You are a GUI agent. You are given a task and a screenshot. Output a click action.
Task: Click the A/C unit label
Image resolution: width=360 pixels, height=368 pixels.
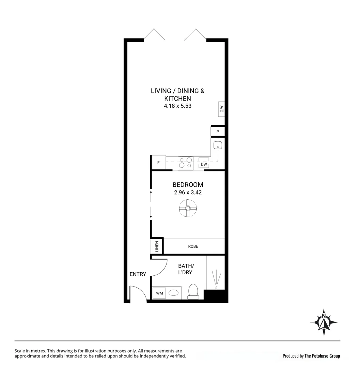[221, 109]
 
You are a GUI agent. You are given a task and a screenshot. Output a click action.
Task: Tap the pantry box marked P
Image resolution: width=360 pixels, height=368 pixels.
[218, 132]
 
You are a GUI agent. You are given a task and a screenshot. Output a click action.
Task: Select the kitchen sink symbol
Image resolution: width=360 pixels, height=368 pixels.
[218, 145]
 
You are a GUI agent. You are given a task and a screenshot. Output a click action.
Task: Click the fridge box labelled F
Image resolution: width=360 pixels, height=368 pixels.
[158, 163]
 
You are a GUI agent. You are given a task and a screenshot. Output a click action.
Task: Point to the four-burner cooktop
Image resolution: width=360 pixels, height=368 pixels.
[185, 163]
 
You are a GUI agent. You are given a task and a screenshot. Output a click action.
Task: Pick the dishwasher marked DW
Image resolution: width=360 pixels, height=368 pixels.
[204, 164]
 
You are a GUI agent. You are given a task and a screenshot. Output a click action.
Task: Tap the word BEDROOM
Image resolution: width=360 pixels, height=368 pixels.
[188, 185]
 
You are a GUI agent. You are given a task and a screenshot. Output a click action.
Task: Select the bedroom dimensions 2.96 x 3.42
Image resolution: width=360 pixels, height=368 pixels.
[188, 193]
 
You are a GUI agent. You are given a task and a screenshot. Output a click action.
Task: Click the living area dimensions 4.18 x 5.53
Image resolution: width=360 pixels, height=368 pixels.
[177, 106]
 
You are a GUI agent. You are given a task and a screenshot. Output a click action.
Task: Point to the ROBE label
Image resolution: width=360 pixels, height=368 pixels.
[193, 246]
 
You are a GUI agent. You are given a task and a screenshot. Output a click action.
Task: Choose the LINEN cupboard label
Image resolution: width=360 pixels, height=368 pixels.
[157, 246]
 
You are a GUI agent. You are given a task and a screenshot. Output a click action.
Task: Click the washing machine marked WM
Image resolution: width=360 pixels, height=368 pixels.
[159, 293]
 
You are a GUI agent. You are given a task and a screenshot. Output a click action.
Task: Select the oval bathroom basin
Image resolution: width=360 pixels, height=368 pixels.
[174, 293]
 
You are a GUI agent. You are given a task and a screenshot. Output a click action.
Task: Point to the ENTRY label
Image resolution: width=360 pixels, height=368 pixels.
[138, 274]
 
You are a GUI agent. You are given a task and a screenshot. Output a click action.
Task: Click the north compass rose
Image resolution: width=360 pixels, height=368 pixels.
[324, 322]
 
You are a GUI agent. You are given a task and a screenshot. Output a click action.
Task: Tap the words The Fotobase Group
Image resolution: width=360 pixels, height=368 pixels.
[322, 356]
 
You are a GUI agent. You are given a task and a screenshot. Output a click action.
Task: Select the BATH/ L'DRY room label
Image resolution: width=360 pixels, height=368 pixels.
[185, 269]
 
